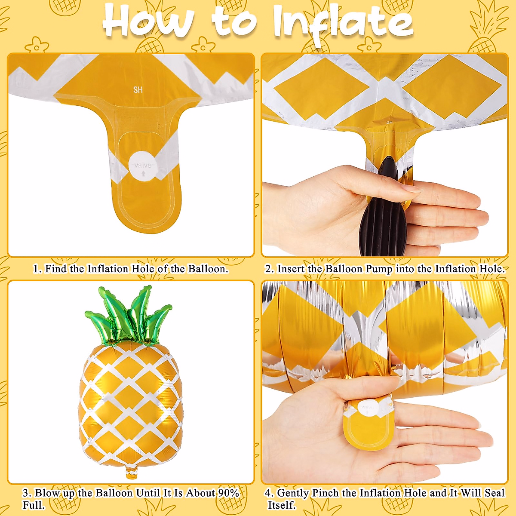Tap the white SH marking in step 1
(x=138, y=90)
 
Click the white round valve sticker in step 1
(x=143, y=166)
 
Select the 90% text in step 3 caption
(x=229, y=493)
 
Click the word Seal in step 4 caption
(x=494, y=493)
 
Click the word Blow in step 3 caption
(x=47, y=493)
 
